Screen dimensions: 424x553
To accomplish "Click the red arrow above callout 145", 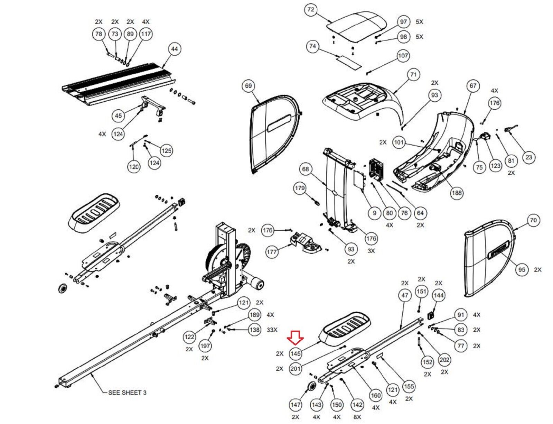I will pyautogui.click(x=296, y=337).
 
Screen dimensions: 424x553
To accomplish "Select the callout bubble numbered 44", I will pyautogui.click(x=175, y=49).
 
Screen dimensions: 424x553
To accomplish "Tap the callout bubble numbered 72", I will pyautogui.click(x=311, y=9).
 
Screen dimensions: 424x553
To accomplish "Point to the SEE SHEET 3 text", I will pyautogui.click(x=127, y=393).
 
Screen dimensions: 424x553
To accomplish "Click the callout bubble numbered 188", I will pyautogui.click(x=457, y=193).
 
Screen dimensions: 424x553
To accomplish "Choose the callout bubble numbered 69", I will pyautogui.click(x=249, y=86).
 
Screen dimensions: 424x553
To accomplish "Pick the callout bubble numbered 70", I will pyautogui.click(x=533, y=220).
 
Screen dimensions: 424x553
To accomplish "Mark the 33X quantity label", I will pyautogui.click(x=272, y=330).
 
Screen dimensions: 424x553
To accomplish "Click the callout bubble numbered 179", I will pyautogui.click(x=300, y=188).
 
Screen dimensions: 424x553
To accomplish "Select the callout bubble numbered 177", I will pyautogui.click(x=272, y=251).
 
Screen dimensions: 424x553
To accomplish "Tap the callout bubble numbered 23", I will pyautogui.click(x=529, y=157).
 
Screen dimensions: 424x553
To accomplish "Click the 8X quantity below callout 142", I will pyautogui.click(x=357, y=417).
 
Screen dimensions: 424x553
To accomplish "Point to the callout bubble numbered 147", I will pyautogui.click(x=296, y=405).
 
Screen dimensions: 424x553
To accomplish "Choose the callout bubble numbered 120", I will pyautogui.click(x=134, y=167).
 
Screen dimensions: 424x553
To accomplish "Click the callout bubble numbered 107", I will pyautogui.click(x=403, y=55).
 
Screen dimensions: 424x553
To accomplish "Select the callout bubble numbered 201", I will pyautogui.click(x=296, y=369).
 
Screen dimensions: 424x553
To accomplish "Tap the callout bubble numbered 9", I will pyautogui.click(x=374, y=213).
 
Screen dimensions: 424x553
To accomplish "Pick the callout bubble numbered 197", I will pyautogui.click(x=205, y=345).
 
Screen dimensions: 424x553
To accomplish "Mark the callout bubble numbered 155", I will pyautogui.click(x=409, y=386).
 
